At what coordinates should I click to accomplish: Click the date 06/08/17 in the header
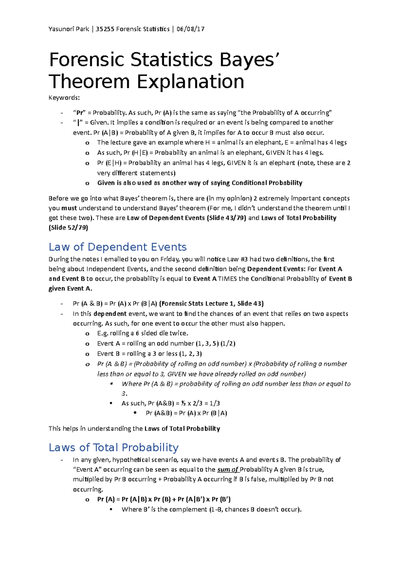[190, 29]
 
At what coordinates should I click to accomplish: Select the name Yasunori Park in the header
[69, 29]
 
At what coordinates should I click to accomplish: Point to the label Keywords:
[64, 98]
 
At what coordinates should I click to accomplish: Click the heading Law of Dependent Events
[118, 247]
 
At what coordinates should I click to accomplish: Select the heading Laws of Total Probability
[114, 448]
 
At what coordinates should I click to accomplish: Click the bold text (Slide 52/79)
[68, 228]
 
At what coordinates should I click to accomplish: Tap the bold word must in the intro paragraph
[69, 208]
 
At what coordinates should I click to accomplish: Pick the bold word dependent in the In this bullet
[110, 314]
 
